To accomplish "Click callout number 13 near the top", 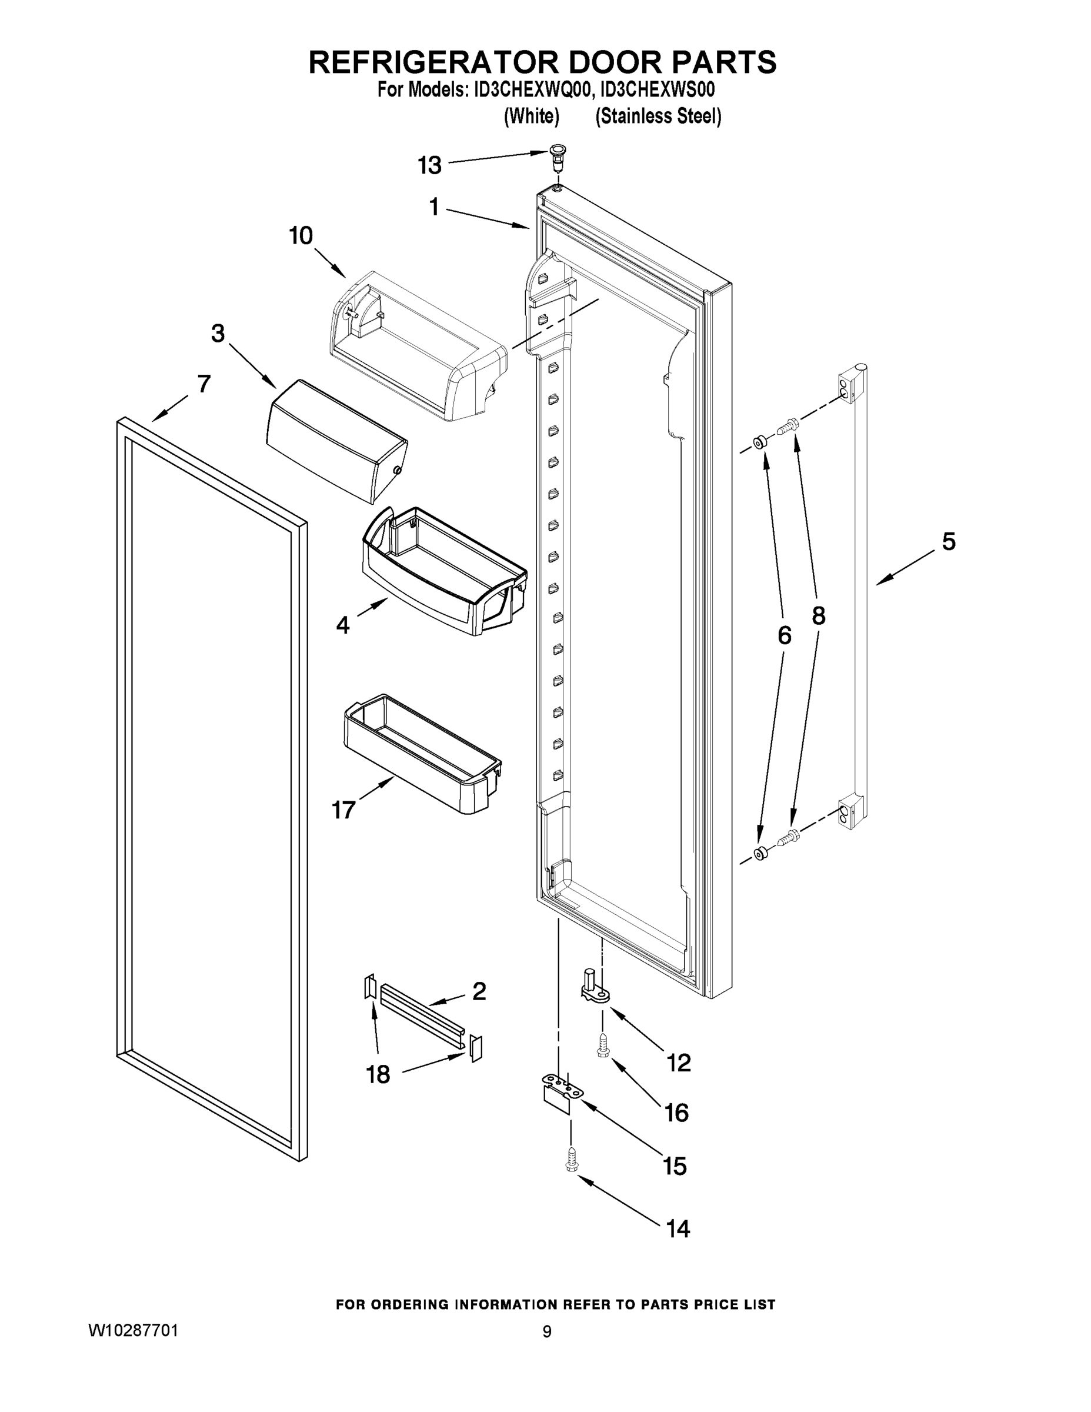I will tap(429, 165).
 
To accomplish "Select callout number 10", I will tap(301, 236).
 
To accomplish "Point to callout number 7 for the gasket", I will tap(203, 384).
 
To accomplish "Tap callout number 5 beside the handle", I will tap(947, 542).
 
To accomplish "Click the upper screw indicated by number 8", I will tap(789, 425).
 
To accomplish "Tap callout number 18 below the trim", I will tap(378, 1074).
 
